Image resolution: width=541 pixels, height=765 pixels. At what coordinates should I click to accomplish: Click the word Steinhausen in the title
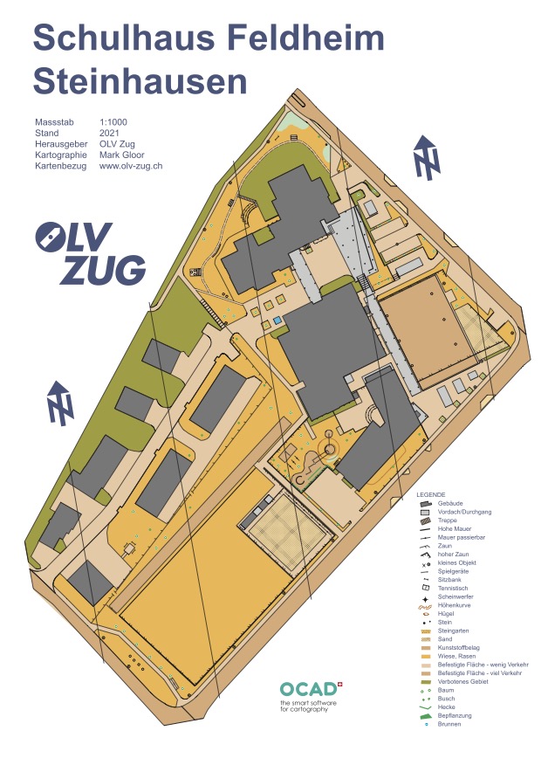140,81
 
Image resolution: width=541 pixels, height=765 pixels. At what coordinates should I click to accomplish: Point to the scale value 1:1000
113,122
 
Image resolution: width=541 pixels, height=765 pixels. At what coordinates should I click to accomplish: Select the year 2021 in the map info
109,133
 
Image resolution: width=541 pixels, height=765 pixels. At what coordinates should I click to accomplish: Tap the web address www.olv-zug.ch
131,166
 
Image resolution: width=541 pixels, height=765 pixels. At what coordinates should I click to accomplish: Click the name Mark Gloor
122,155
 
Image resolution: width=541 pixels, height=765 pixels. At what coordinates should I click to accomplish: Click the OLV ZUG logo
91,253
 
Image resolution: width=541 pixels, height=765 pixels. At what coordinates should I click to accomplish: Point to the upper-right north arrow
427,157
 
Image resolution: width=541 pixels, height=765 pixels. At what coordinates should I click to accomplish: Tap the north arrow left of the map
60,403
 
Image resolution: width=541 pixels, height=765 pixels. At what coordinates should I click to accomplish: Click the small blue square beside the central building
277,320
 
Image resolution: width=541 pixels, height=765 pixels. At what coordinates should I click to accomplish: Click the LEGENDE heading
430,494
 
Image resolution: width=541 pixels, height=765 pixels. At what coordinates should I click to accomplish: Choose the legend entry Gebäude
450,503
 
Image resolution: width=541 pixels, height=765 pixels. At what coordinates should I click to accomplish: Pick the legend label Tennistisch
452,588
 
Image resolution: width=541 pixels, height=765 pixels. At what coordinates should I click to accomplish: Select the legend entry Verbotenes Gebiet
462,681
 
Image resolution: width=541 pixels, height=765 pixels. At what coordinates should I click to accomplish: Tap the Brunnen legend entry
449,724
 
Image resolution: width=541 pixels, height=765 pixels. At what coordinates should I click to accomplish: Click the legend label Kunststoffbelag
458,647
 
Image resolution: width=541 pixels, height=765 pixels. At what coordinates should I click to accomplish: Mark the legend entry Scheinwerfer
455,596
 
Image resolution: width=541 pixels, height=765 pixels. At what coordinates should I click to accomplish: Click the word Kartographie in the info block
61,155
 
